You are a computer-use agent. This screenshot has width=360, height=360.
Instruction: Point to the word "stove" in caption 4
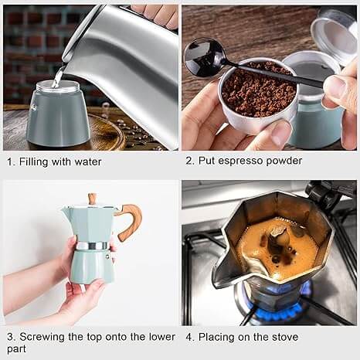tap(282, 338)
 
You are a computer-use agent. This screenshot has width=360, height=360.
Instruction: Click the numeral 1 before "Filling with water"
tap(9, 162)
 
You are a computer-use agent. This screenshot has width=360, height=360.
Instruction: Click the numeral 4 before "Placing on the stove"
tap(188, 338)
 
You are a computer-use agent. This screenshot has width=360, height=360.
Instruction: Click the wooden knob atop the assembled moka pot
tap(92, 199)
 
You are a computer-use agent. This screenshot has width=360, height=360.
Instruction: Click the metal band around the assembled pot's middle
tap(92, 246)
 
